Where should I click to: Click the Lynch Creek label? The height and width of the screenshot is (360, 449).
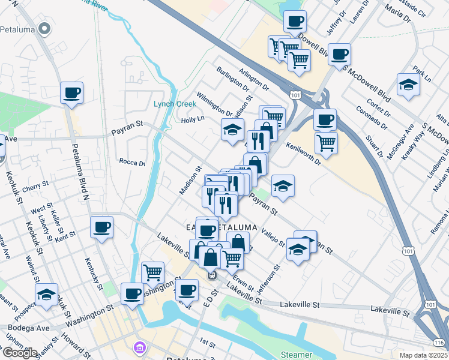tap(175, 104)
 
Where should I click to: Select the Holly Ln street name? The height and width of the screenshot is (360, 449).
tap(193, 119)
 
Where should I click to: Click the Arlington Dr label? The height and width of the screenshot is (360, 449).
tap(254, 80)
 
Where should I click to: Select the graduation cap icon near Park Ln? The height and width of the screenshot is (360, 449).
tap(408, 84)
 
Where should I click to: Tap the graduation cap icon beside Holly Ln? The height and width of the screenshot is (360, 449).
tap(232, 129)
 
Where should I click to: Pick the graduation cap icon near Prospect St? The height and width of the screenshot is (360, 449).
tap(46, 294)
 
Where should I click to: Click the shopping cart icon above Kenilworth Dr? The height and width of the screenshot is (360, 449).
tap(326, 142)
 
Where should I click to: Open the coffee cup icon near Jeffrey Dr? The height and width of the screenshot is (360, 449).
tap(295, 22)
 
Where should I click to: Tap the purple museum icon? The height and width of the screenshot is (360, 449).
tap(140, 347)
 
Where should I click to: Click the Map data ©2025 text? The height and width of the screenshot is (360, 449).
tap(423, 355)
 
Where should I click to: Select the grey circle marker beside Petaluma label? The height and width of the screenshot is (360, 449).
tap(44, 28)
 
